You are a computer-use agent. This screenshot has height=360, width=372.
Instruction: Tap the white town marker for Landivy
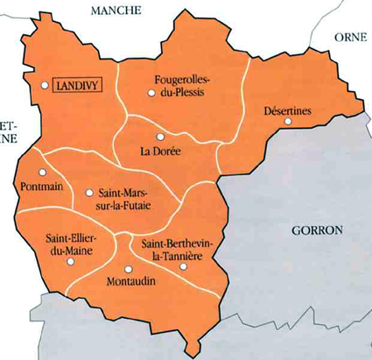(x=45, y=85)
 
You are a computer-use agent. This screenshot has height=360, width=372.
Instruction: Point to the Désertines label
(x=288, y=110)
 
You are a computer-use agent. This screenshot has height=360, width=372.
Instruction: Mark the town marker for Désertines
(x=288, y=123)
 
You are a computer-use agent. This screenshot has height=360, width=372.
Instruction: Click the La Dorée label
(x=160, y=152)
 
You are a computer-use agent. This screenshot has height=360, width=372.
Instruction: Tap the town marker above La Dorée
(x=159, y=138)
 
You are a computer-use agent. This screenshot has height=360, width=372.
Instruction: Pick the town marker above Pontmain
(x=42, y=173)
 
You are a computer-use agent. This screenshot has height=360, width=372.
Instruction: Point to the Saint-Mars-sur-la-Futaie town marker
(x=89, y=192)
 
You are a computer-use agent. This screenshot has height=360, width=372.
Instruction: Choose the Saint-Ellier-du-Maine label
(x=74, y=245)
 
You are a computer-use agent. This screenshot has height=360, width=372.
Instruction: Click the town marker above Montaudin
(x=128, y=269)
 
